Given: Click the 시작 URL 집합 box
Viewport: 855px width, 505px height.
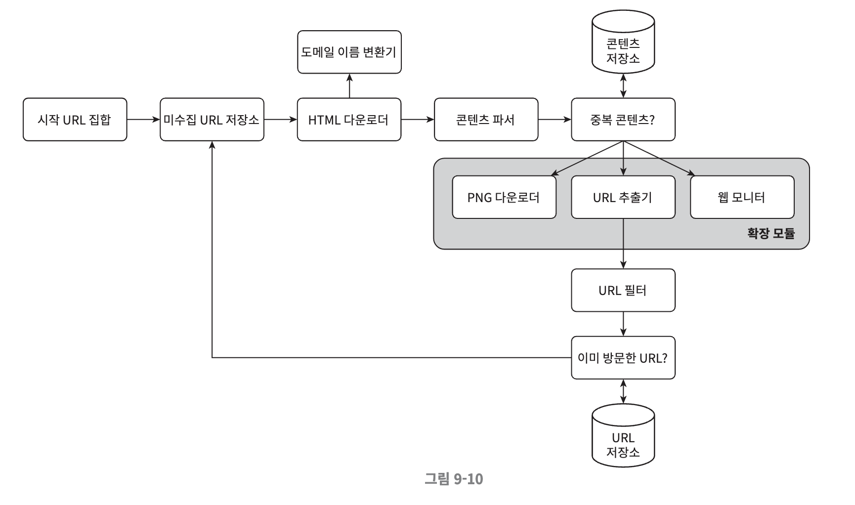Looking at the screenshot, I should pos(75,120).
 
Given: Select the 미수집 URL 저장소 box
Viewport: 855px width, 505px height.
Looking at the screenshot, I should pos(212,120).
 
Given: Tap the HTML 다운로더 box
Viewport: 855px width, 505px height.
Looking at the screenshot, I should pos(349,120).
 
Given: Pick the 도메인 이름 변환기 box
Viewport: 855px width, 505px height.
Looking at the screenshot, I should pos(349,52).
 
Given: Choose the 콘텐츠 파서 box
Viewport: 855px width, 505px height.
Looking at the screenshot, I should pos(486,120).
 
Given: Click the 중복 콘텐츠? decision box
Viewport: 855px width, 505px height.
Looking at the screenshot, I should pos(623,120).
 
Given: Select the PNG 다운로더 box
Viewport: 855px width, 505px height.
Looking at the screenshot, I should pos(504,197).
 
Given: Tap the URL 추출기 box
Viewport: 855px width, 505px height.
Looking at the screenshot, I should pos(623,197).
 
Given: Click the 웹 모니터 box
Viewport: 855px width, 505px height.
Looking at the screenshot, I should pos(742,197).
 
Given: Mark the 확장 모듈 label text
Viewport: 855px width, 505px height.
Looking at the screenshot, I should pos(770,233).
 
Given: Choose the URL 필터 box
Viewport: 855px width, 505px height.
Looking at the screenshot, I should pos(623,290).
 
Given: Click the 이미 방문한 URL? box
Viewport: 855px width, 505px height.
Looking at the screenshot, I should pos(623,358).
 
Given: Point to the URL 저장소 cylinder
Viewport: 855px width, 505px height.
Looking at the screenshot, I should pos(623,435).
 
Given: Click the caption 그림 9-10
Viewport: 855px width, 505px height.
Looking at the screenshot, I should pos(453,478).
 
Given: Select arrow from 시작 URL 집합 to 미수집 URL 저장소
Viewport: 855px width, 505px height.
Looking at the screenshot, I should pos(143,120).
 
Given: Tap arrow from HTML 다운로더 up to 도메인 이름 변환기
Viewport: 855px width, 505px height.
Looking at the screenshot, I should pos(349,86).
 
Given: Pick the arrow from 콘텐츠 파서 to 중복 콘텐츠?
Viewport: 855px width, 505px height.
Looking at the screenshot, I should pos(555,120).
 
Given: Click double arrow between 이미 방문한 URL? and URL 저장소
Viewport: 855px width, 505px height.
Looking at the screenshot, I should pos(623,391).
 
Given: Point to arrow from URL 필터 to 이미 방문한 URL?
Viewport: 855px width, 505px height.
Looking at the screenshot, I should pos(623,324).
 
